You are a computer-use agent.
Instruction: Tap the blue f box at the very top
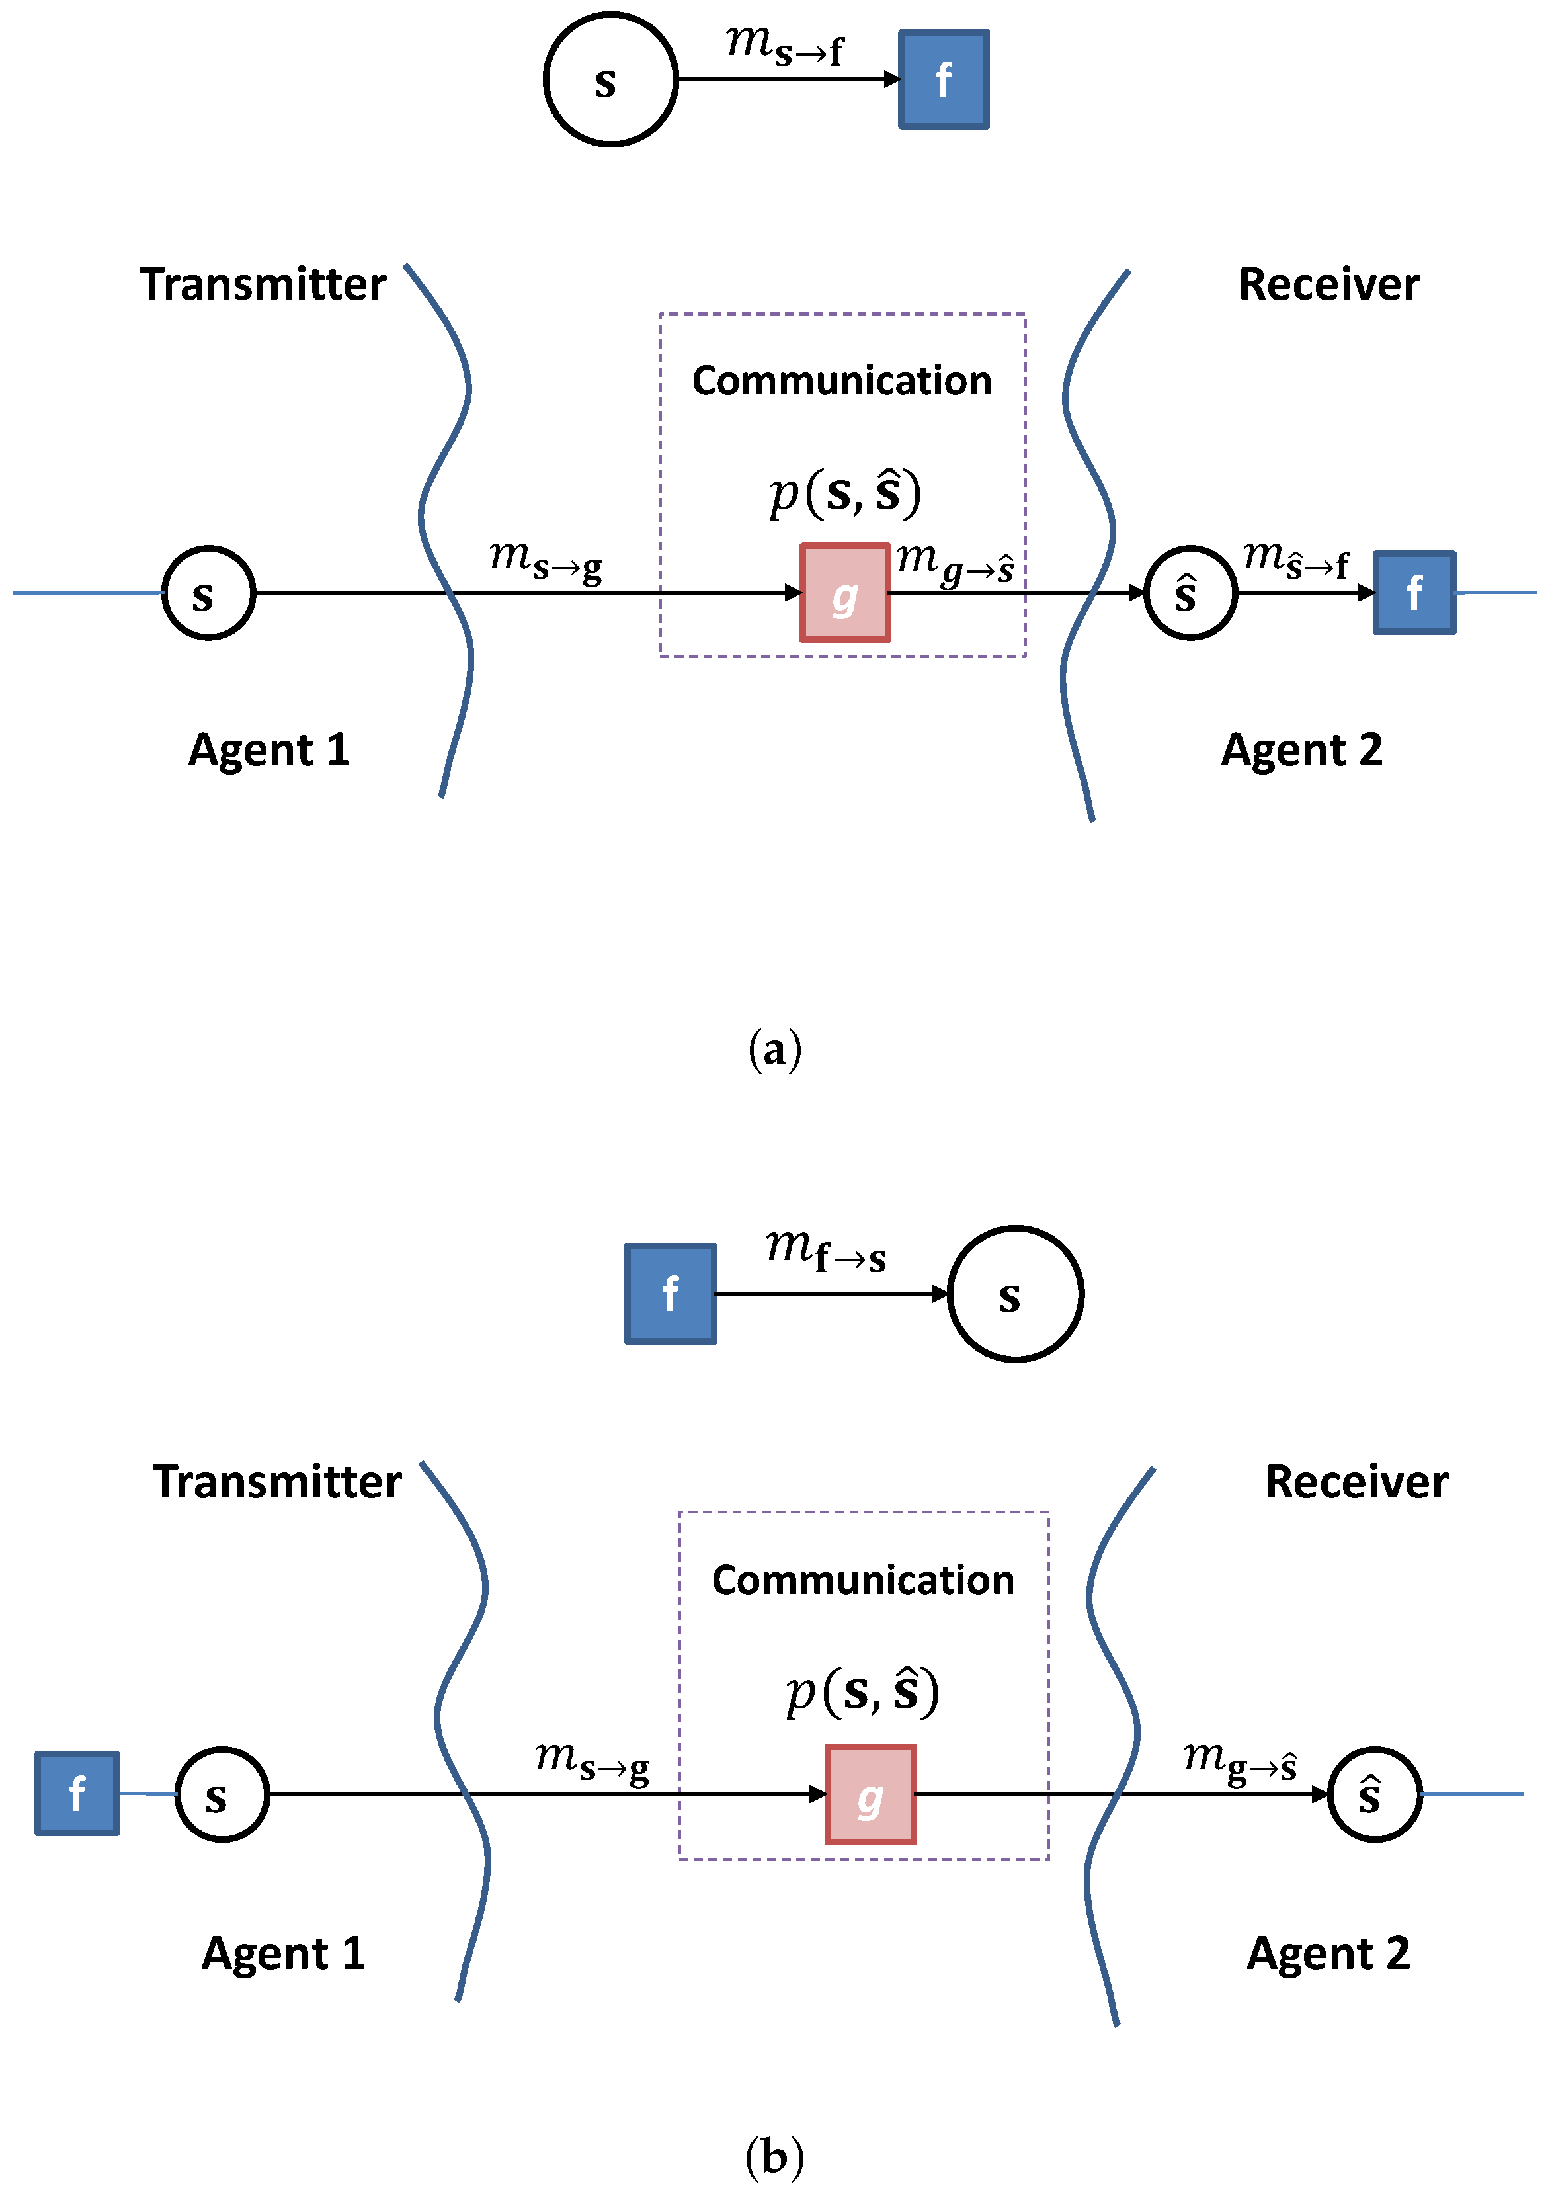click(x=943, y=79)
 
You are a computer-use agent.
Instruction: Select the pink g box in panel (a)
click(x=844, y=593)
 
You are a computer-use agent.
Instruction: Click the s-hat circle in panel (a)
click(x=1190, y=593)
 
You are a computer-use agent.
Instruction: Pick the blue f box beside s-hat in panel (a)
click(x=1414, y=593)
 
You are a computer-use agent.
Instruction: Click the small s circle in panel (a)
click(x=208, y=593)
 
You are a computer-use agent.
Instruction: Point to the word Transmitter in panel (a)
click(x=263, y=284)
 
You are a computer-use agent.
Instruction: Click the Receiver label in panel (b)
click(x=1356, y=1482)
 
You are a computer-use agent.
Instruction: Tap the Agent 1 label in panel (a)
click(x=269, y=750)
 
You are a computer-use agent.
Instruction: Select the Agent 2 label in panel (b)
click(x=1328, y=1953)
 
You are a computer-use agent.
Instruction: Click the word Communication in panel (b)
click(x=863, y=1580)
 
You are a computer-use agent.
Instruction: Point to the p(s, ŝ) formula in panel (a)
click(x=844, y=493)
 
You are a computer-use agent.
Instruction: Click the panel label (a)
click(x=774, y=1049)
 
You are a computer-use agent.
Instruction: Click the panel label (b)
click(x=774, y=2156)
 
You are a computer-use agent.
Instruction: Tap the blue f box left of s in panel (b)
click(x=77, y=1793)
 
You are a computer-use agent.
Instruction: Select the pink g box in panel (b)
click(x=870, y=1794)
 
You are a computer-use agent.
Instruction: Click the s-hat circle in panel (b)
click(x=1374, y=1794)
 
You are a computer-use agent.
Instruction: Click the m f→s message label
click(x=825, y=1251)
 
